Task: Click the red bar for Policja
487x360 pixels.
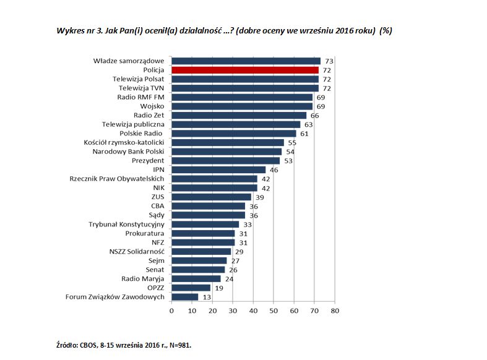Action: point(244,70)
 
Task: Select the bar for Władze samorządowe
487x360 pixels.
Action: point(246,61)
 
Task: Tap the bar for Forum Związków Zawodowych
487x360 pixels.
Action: point(184,297)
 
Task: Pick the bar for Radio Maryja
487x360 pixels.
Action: point(196,278)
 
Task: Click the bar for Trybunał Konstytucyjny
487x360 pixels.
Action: point(205,224)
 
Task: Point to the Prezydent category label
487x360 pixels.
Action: point(147,161)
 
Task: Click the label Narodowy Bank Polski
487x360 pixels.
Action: point(128,152)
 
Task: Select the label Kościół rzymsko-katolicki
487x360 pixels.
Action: point(123,142)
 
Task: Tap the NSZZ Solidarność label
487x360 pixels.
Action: point(136,251)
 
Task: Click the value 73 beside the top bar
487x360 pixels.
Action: point(329,61)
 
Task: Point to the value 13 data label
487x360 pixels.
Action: point(207,297)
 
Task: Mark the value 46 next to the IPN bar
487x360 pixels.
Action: point(274,169)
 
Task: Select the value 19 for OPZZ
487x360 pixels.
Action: point(219,288)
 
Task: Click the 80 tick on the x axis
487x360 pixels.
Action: point(334,311)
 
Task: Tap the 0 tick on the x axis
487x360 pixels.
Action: point(171,311)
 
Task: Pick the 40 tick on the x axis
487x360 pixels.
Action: point(253,311)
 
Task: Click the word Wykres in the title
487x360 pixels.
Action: point(70,31)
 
